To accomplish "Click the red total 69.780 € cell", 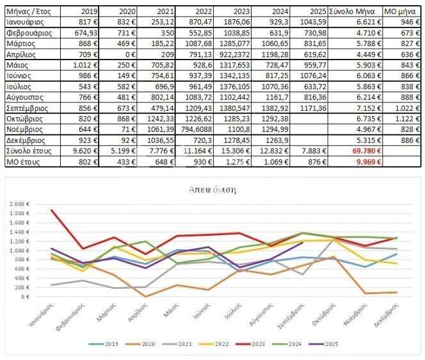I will (367, 150).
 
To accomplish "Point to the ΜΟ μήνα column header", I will (401, 12).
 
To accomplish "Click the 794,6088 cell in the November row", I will (194, 129).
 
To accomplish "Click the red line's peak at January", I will (51, 210).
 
